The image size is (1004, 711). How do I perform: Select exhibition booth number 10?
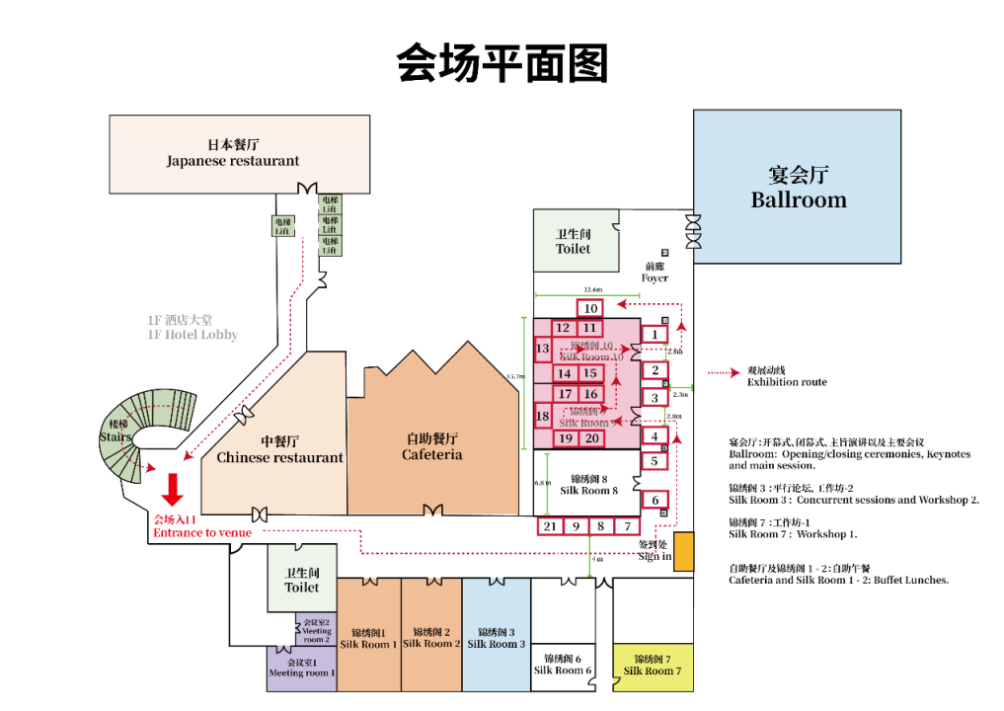click(590, 308)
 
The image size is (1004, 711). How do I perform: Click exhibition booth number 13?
click(543, 349)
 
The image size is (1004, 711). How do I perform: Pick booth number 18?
click(542, 417)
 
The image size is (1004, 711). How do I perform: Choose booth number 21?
click(550, 526)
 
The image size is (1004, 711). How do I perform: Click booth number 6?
click(655, 501)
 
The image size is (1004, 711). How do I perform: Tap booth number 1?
click(655, 335)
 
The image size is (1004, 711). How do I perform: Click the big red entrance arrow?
click(173, 489)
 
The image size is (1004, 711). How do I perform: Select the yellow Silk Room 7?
click(653, 665)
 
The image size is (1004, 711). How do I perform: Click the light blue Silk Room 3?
click(497, 637)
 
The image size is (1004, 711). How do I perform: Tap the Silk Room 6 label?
click(564, 665)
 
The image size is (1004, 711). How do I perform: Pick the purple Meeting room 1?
click(301, 668)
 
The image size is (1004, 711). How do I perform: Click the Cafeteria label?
click(431, 446)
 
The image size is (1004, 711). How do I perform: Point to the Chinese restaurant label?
click(279, 450)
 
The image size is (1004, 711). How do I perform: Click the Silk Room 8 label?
click(589, 484)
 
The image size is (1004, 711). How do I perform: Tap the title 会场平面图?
click(502, 63)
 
